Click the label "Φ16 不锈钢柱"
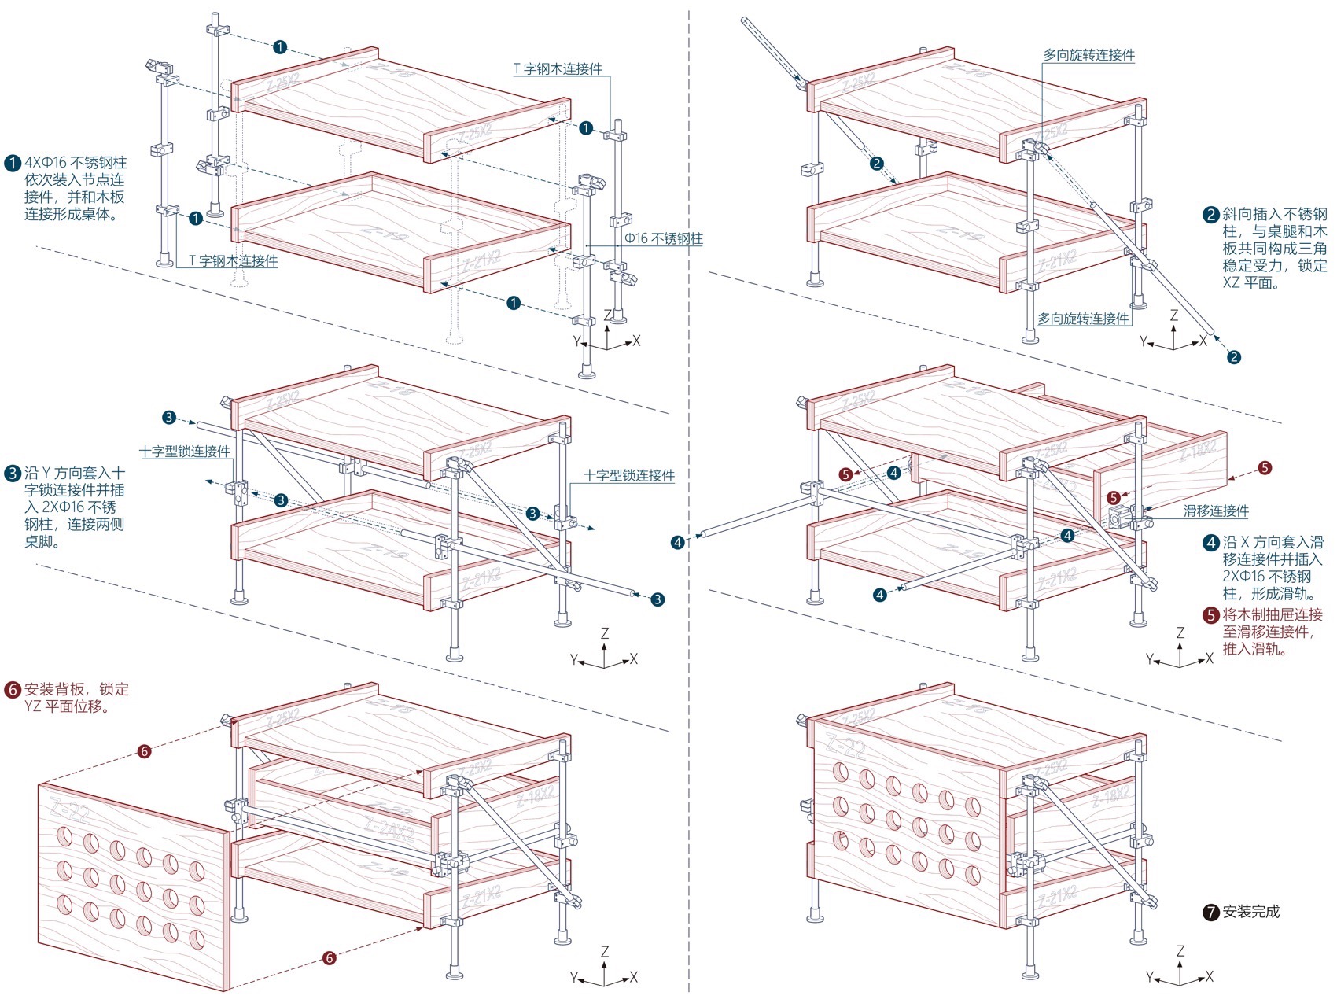coord(664,238)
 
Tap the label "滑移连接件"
coord(1216,511)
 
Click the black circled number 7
coord(1211,913)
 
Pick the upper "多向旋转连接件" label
coord(1088,55)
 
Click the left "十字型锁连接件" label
coord(185,452)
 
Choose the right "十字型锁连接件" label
coord(628,475)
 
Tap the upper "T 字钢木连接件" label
coord(558,69)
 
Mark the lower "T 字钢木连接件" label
coord(234,260)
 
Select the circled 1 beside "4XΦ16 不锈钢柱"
coord(13,164)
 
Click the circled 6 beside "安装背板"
coord(13,690)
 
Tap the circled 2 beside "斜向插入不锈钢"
coord(1211,215)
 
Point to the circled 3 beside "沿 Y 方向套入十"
coord(13,474)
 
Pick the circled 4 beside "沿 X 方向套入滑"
coord(1211,543)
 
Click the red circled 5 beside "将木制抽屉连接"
coord(1211,615)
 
